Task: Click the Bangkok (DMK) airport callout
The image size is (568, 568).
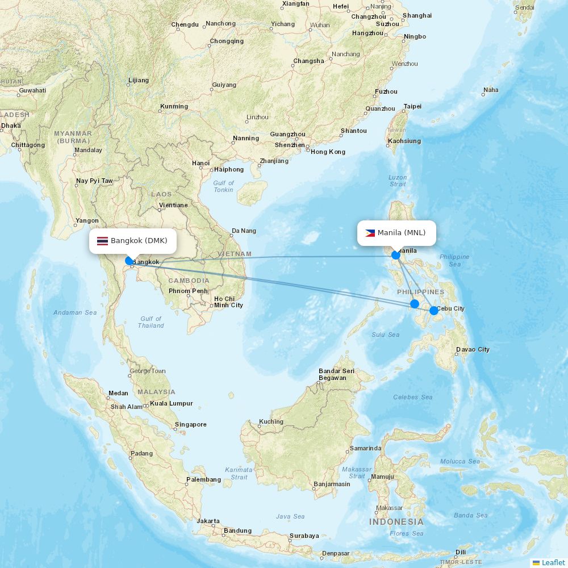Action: click(133, 241)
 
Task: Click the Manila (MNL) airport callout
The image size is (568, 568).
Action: click(396, 233)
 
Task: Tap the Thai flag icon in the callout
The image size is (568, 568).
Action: click(102, 241)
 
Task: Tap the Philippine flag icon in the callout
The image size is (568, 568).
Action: click(370, 233)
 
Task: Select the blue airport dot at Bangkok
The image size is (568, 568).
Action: click(130, 261)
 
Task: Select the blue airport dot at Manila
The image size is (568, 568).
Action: click(396, 255)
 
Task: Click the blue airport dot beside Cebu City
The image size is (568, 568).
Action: click(434, 310)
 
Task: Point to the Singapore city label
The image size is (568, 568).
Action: click(191, 424)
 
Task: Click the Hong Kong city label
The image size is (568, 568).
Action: click(328, 152)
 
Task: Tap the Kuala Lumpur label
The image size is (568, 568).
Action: click(171, 403)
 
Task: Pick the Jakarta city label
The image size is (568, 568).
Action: click(208, 521)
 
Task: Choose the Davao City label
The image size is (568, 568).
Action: click(473, 349)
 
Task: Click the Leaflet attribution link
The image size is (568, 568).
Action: click(553, 562)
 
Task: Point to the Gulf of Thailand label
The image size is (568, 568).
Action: click(151, 322)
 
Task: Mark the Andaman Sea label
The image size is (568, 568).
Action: click(75, 312)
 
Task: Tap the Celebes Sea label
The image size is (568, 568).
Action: click(413, 397)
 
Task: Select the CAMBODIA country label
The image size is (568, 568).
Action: click(189, 281)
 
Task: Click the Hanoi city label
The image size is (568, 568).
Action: click(201, 163)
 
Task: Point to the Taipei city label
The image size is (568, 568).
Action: click(412, 106)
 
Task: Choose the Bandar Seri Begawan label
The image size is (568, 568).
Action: click(336, 374)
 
